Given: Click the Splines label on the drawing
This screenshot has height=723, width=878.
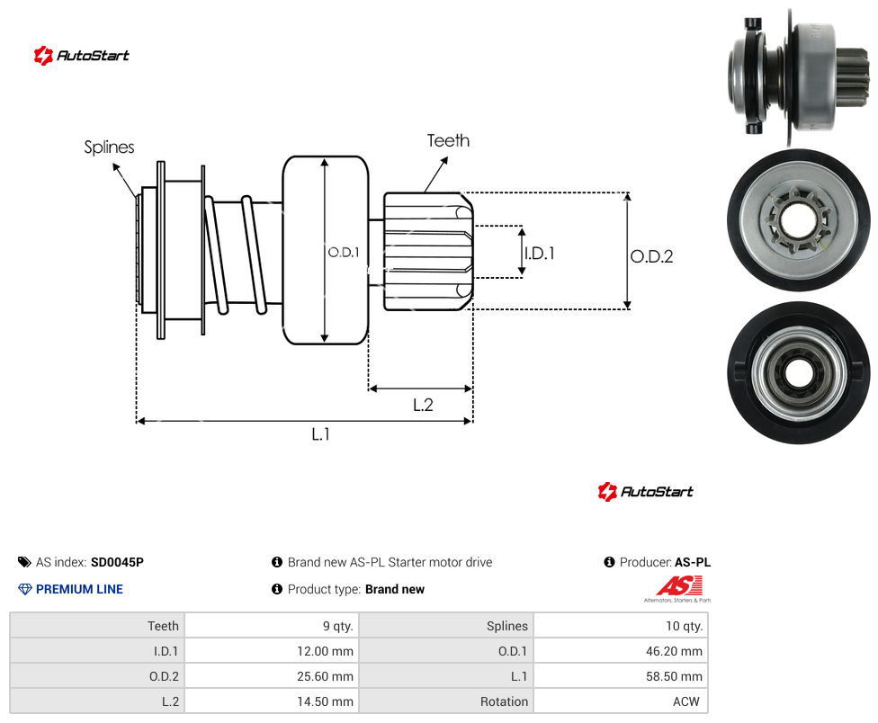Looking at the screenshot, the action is (x=109, y=147).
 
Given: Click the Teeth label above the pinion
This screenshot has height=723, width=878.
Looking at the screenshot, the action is (x=448, y=140).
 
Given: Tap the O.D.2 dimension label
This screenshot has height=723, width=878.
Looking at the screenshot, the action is (x=652, y=256).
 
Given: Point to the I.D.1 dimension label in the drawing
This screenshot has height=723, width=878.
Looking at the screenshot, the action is (x=539, y=254).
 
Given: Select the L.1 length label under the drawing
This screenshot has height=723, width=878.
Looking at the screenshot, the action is (x=321, y=434).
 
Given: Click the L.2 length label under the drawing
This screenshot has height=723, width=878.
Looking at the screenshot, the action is (x=424, y=405).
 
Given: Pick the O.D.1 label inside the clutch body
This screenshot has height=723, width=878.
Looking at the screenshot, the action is (x=344, y=253).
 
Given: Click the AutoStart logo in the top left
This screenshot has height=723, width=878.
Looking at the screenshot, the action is (x=81, y=56).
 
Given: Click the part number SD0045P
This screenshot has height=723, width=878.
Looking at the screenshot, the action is (x=117, y=562).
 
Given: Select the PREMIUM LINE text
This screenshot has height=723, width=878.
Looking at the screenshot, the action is (x=79, y=589).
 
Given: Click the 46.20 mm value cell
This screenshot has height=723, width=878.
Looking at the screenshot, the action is (x=621, y=651).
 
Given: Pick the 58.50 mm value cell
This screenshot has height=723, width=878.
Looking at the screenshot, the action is (x=621, y=676).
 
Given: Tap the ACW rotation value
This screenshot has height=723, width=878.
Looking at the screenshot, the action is (x=685, y=701).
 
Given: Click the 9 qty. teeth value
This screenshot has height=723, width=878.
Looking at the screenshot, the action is (x=337, y=626).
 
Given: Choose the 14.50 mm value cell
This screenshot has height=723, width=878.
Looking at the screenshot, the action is (x=272, y=701).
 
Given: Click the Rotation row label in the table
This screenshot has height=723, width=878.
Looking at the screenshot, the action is (x=504, y=701).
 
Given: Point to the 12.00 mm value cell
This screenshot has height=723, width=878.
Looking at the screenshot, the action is (x=272, y=651).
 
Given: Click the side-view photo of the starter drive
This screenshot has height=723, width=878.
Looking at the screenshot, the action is (x=799, y=76).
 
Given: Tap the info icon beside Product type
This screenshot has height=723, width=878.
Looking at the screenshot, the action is (x=276, y=589).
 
